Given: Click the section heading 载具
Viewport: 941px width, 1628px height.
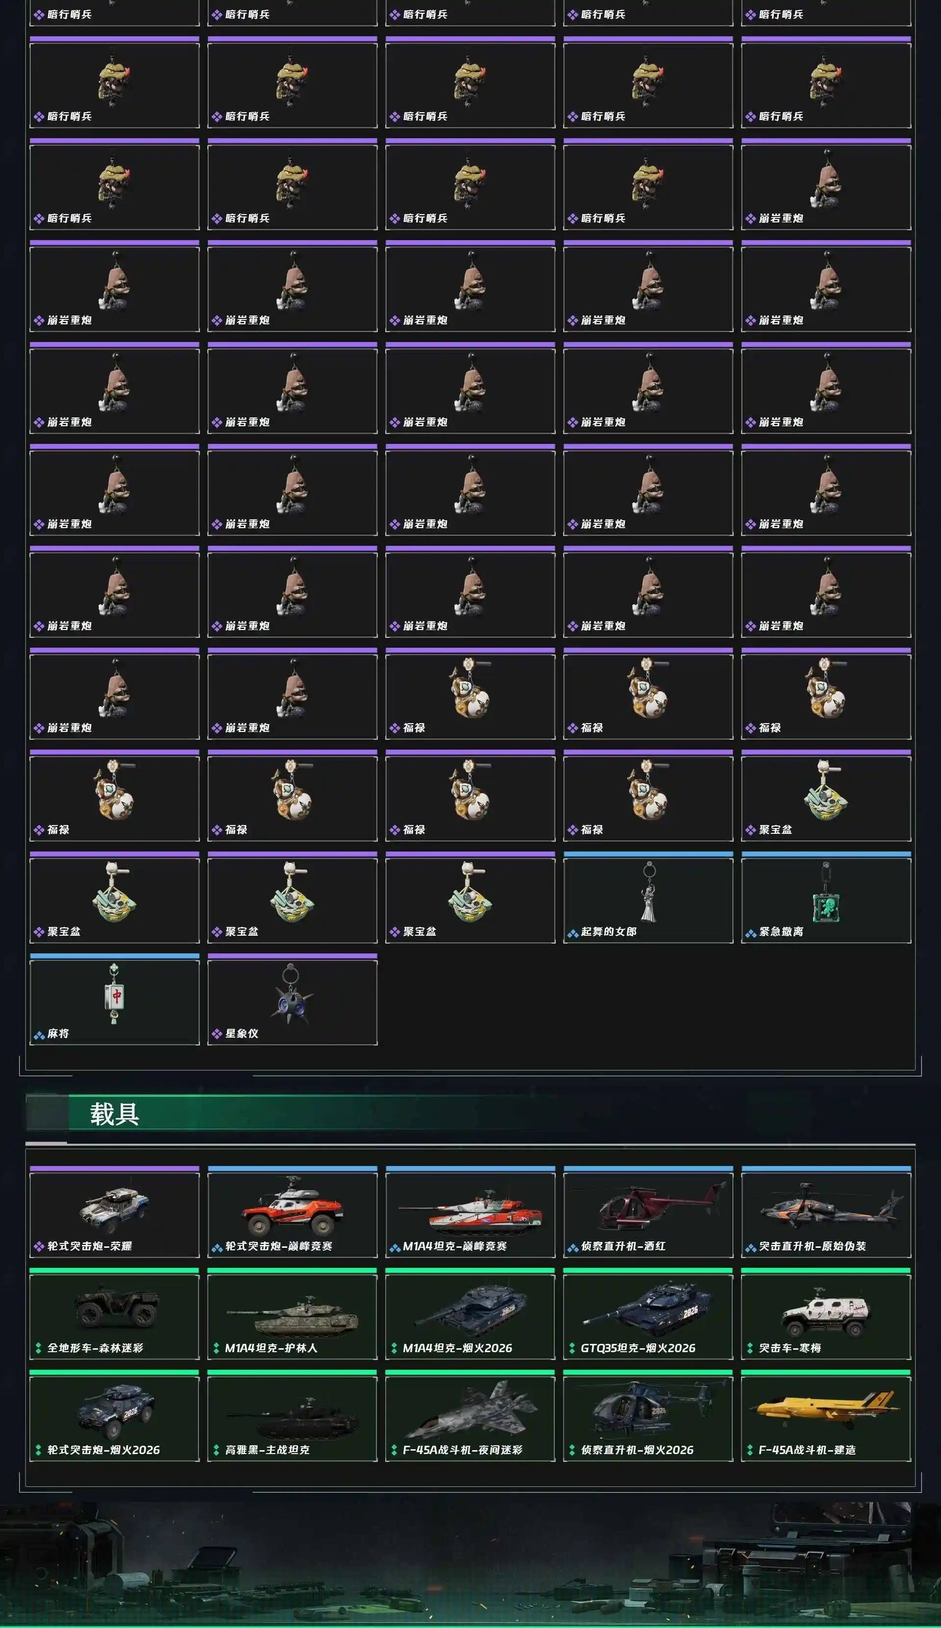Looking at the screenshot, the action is (x=114, y=1114).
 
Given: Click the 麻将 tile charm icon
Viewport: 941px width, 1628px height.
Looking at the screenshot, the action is (x=114, y=994).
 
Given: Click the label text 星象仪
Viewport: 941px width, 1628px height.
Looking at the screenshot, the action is (x=242, y=1034).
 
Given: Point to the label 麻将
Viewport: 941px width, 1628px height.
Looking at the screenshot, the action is (x=58, y=1034).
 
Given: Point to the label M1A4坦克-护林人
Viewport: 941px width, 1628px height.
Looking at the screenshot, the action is (x=271, y=1348).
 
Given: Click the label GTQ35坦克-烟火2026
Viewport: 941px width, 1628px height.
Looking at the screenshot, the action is (x=638, y=1348).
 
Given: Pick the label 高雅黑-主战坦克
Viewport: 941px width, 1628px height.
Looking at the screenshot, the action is (x=267, y=1450).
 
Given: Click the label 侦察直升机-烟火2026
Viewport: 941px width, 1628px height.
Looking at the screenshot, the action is (x=637, y=1450).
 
